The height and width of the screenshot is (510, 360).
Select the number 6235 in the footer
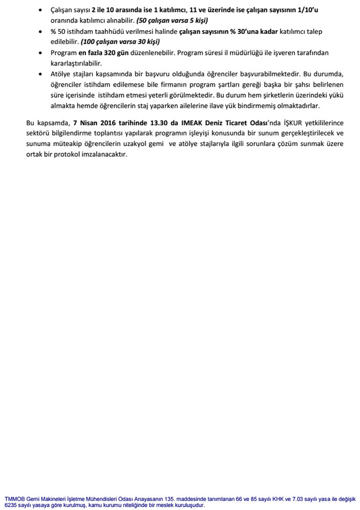coord(10,505)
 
